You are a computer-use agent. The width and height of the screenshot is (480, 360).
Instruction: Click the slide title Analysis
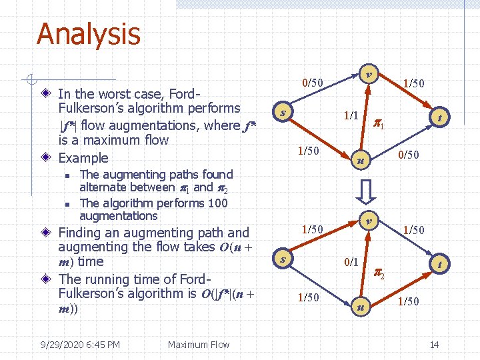(x=88, y=34)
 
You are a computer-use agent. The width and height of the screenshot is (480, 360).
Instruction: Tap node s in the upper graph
(x=284, y=112)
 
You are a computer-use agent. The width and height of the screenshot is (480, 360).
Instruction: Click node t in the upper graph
(x=441, y=118)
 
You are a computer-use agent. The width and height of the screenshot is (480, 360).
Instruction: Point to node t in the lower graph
(x=441, y=264)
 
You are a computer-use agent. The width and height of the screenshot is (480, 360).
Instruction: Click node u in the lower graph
(x=360, y=307)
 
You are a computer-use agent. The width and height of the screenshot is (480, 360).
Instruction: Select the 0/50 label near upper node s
(x=312, y=83)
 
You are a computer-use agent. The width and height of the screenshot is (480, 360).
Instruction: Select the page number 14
(x=434, y=345)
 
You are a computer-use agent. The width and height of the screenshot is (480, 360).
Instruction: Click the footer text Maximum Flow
(x=198, y=345)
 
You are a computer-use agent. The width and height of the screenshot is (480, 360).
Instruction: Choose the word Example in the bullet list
(x=83, y=158)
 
